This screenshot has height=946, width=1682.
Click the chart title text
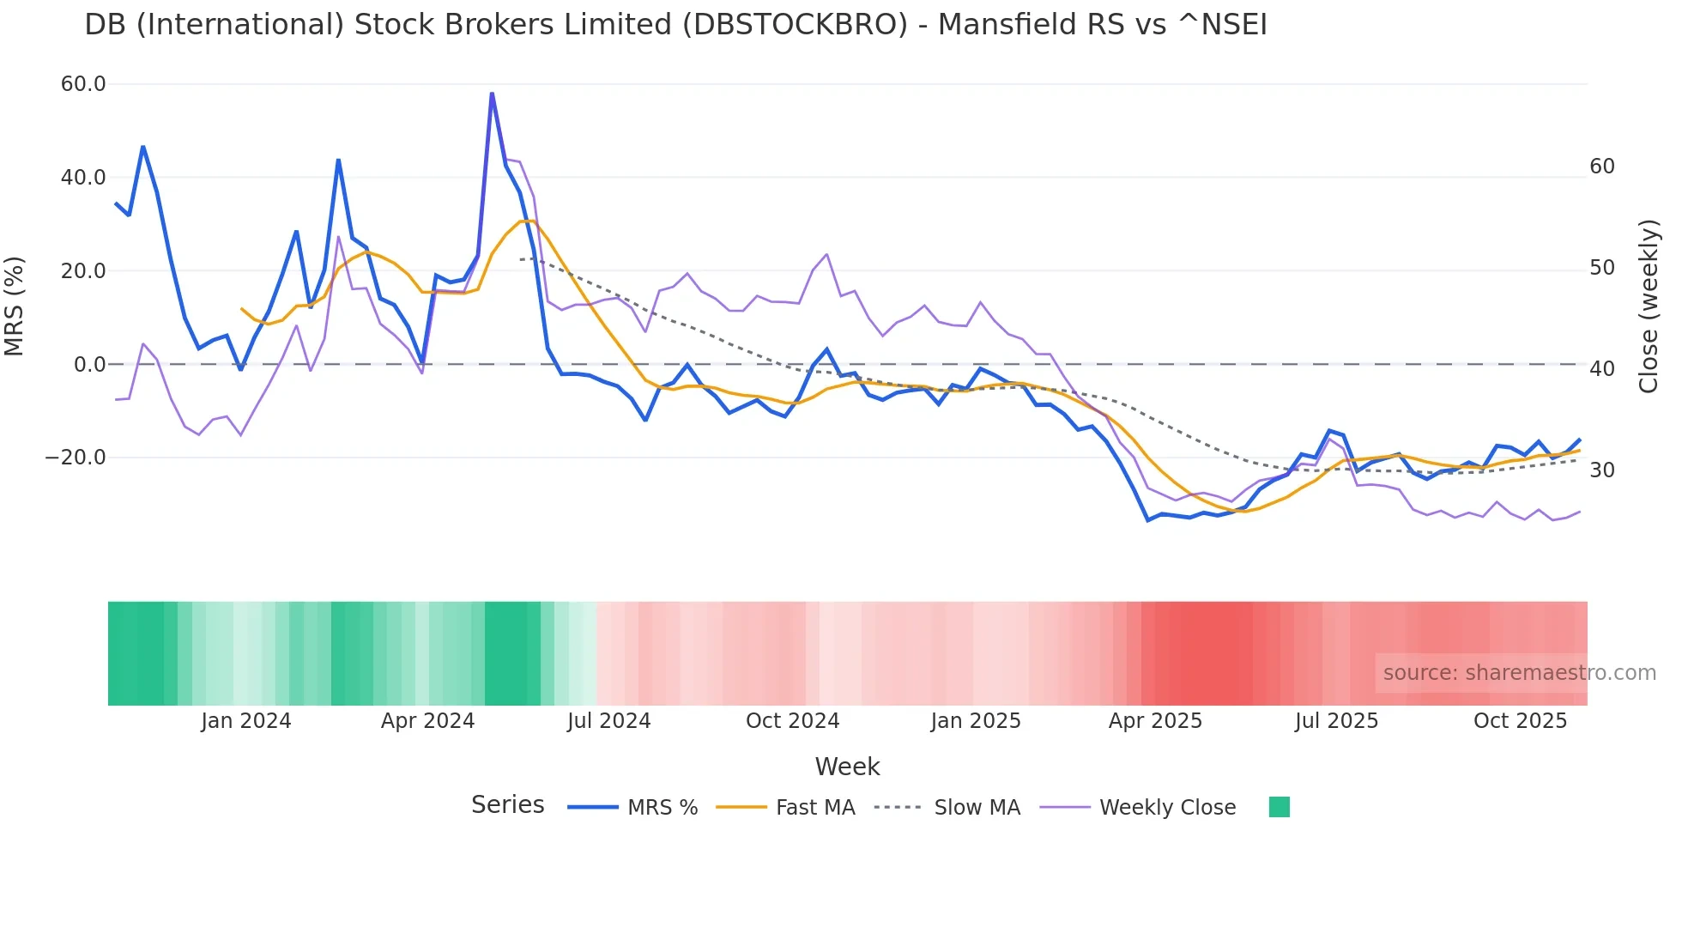[675, 25]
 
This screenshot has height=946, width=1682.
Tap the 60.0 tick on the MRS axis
[83, 84]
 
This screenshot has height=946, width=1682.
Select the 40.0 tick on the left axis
[83, 178]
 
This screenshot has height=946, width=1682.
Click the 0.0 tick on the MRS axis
[89, 365]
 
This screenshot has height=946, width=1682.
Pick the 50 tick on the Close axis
[1602, 268]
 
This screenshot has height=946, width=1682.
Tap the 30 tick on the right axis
[1602, 470]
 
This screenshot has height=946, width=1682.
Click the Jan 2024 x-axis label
[246, 721]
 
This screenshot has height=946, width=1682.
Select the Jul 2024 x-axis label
[608, 721]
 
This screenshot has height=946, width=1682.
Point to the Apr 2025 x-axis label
[1155, 721]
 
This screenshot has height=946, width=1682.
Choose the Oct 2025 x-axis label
[1520, 721]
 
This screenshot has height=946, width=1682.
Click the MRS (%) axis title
[15, 306]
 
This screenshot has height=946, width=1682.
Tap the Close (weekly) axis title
[1649, 306]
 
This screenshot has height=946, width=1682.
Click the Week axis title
[847, 767]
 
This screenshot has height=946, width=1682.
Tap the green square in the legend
[1279, 807]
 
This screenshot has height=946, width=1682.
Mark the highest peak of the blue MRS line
[492, 93]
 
